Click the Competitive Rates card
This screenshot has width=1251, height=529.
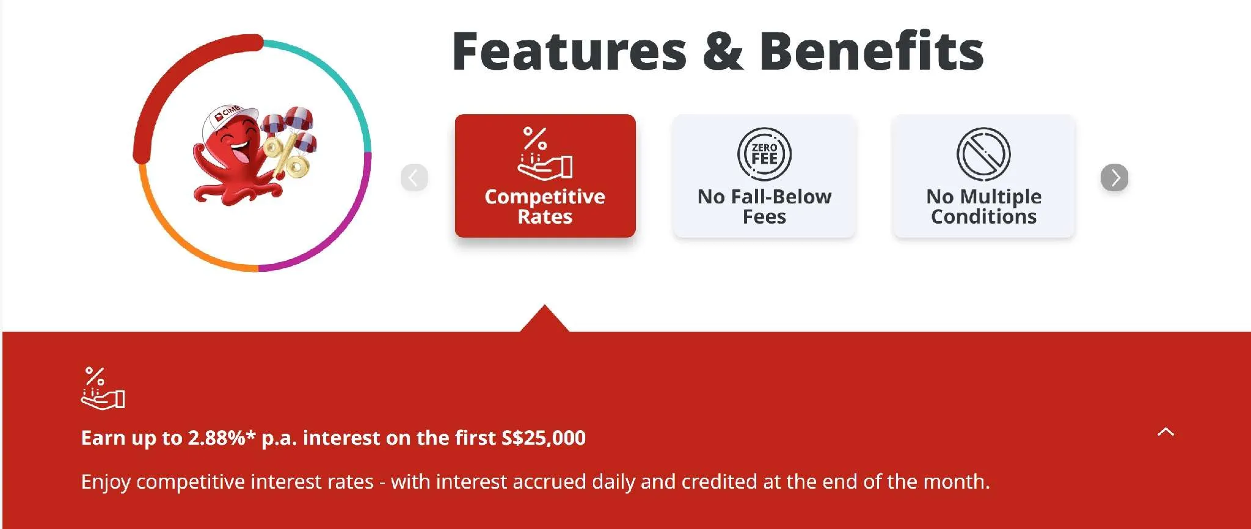(545, 176)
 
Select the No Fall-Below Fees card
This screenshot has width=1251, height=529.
(764, 176)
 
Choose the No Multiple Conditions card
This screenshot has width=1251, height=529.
(983, 176)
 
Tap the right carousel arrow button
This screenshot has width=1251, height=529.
(1114, 178)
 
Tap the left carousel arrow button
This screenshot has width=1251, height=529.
(414, 178)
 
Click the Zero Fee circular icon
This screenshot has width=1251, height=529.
(764, 154)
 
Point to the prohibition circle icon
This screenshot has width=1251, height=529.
(983, 154)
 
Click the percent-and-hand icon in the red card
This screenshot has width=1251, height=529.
(545, 153)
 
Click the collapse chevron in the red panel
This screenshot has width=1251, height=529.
(1165, 432)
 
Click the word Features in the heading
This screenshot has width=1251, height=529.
(569, 51)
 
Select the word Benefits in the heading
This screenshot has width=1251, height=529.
(871, 51)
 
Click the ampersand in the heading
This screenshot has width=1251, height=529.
(723, 51)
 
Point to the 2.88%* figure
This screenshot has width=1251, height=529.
(221, 437)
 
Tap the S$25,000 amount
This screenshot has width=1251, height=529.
(543, 438)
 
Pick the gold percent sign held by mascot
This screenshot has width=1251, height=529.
(285, 157)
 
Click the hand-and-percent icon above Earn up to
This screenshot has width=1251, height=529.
(103, 388)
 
